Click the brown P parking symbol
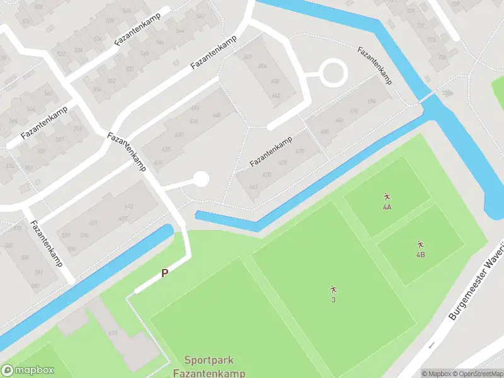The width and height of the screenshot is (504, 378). pyautogui.click(x=165, y=273)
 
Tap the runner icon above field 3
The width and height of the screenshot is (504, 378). pyautogui.click(x=333, y=289)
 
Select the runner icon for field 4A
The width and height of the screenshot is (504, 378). pyautogui.click(x=387, y=197)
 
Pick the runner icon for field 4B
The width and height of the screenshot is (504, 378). pyautogui.click(x=420, y=244)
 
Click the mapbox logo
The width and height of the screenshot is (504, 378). pyautogui.click(x=27, y=370)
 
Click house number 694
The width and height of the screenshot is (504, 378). pyautogui.click(x=371, y=101)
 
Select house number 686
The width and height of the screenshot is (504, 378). pyautogui.click(x=340, y=120)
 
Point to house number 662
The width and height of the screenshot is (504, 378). pyautogui.click(x=275, y=96)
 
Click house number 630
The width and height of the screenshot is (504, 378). pyautogui.click(x=178, y=135)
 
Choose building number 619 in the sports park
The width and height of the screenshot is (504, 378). pyautogui.click(x=113, y=333)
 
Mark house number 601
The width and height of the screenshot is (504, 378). pyautogui.click(x=93, y=223)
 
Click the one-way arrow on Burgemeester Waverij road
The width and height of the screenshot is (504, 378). pyautogui.click(x=432, y=345)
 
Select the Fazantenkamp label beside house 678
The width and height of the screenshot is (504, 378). pyautogui.click(x=270, y=152)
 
